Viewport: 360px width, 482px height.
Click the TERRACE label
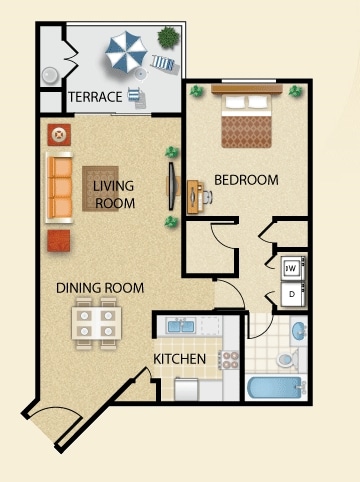[x=95, y=97]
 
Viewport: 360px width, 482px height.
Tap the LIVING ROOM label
[x=113, y=194]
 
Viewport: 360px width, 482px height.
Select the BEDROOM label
[x=246, y=180]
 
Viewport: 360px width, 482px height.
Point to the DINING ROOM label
[x=100, y=288]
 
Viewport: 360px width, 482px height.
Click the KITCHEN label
[x=180, y=359]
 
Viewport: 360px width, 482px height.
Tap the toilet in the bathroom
[x=285, y=357]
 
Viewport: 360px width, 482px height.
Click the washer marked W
[x=291, y=267]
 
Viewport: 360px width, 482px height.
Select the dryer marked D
[x=291, y=296]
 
